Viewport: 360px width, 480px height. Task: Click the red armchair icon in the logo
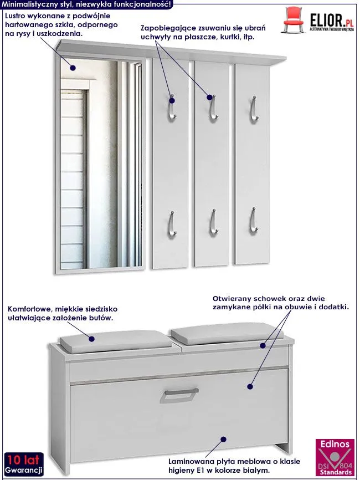pyautogui.click(x=293, y=20)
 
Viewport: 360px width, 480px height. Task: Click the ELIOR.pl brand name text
pyautogui.click(x=332, y=21)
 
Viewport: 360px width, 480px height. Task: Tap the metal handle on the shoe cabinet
pyautogui.click(x=179, y=395)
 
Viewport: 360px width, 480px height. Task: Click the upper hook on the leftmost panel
pyautogui.click(x=172, y=108)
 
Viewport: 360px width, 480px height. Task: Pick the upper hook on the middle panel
pyautogui.click(x=213, y=108)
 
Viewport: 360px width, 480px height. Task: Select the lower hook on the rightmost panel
pyautogui.click(x=253, y=221)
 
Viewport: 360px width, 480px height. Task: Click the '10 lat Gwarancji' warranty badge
pyautogui.click(x=24, y=464)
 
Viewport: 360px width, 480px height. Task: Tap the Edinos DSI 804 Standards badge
pyautogui.click(x=335, y=457)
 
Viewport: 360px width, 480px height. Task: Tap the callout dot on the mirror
pyautogui.click(x=73, y=68)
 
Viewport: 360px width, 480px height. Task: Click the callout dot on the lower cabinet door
pyautogui.click(x=224, y=440)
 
